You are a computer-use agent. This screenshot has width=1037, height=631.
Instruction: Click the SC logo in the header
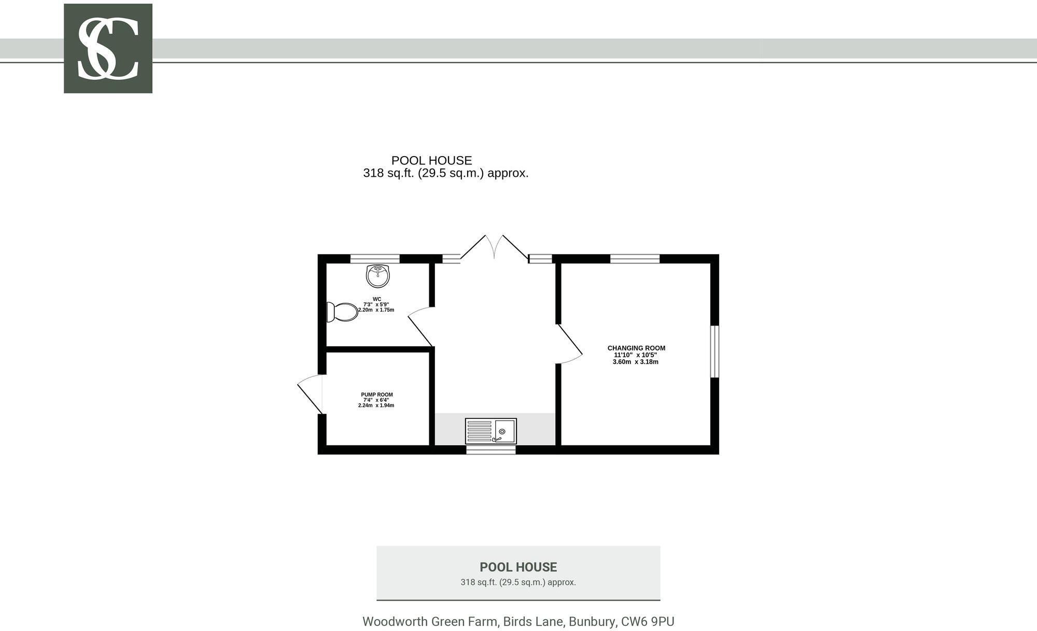108,48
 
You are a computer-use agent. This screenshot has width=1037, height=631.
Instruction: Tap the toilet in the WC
342,312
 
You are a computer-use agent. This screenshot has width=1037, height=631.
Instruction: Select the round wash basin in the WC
378,276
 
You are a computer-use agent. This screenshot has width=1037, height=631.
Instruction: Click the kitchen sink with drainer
491,431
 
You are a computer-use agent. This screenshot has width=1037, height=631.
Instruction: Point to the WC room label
377,299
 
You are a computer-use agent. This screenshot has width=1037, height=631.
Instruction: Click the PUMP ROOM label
377,395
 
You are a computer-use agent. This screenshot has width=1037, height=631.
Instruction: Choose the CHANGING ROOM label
636,348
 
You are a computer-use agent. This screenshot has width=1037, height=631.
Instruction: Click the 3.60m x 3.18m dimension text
636,362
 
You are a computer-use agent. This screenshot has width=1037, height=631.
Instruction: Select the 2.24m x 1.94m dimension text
376,405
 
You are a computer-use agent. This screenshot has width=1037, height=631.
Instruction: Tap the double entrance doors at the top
494,247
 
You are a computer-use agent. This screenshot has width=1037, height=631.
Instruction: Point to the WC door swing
421,326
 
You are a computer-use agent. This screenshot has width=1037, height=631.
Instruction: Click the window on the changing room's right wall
714,352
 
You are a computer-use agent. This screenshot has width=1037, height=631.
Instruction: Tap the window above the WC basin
375,259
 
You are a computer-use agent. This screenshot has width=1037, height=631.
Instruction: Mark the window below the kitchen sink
491,450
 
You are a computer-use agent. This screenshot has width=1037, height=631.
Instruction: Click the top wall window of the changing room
635,259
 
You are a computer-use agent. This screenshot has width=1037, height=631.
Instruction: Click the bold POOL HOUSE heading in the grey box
518,567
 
